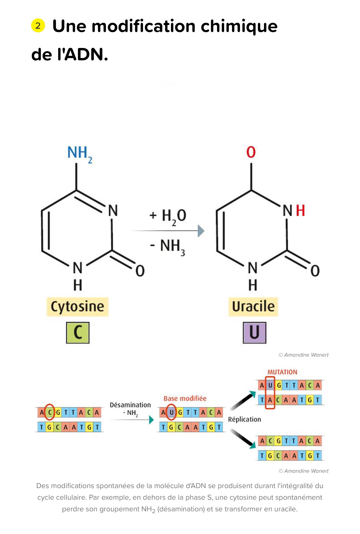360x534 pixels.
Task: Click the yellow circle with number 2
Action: pyautogui.click(x=38, y=26)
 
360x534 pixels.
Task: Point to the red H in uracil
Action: pyautogui.click(x=300, y=210)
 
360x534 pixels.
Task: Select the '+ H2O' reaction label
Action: pyautogui.click(x=168, y=217)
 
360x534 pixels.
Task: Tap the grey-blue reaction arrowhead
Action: pyautogui.click(x=201, y=231)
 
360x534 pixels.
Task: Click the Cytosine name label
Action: pyautogui.click(x=77, y=307)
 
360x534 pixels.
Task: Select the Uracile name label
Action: pyautogui.click(x=253, y=307)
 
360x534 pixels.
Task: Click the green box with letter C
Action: pyautogui.click(x=78, y=333)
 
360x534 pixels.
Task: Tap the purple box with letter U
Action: pyautogui.click(x=254, y=333)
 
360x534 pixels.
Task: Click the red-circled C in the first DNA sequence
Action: pyautogui.click(x=50, y=412)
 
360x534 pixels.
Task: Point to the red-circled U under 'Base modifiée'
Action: pyautogui.click(x=172, y=412)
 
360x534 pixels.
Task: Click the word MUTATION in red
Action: pyautogui.click(x=282, y=372)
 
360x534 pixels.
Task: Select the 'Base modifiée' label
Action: pyautogui.click(x=185, y=398)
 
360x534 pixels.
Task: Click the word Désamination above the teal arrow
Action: pyautogui.click(x=130, y=405)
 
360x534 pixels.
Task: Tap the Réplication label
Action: pyautogui.click(x=245, y=419)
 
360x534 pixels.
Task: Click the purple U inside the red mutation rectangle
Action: pyautogui.click(x=270, y=385)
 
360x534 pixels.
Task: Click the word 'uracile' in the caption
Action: pyautogui.click(x=286, y=509)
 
